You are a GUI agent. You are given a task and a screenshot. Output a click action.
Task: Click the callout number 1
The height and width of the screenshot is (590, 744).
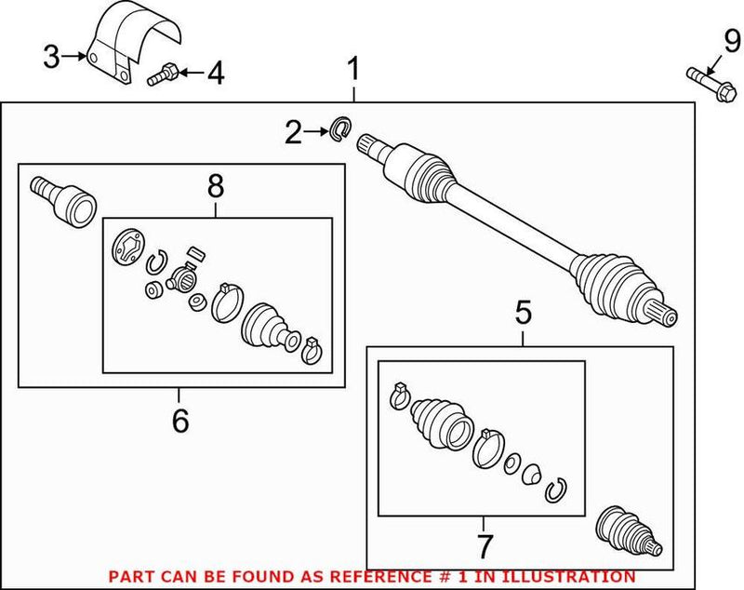pos(354,69)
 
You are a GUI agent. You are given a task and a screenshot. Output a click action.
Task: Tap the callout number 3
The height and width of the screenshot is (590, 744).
pos(53,58)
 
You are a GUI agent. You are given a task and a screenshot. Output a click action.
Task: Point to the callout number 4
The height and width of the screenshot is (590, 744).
pos(215,72)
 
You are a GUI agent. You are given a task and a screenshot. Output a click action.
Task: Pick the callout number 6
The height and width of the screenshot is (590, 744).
pos(180,421)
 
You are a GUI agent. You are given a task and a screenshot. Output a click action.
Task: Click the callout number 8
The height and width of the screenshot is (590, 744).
pos(216,186)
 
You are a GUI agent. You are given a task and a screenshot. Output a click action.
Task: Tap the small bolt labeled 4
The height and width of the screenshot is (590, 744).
pos(160,74)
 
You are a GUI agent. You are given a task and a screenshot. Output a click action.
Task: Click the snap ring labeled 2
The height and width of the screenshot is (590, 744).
pos(340,128)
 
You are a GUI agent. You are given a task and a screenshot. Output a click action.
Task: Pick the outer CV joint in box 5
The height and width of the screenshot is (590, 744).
pos(629,530)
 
